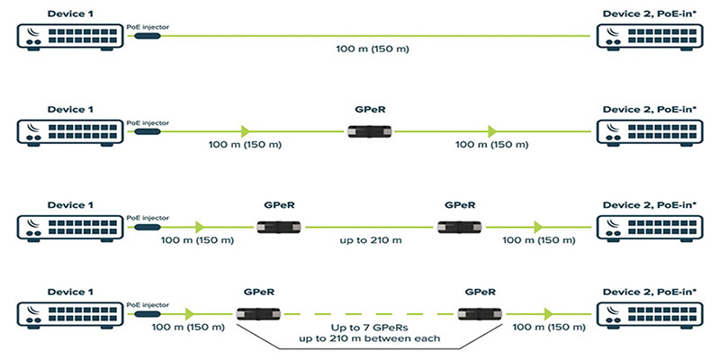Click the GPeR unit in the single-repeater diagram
tap(370, 131)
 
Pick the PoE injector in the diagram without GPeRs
tap(148, 36)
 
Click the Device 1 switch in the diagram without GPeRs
tap(68, 36)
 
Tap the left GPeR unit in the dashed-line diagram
tap(257, 313)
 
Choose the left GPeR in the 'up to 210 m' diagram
tap(278, 226)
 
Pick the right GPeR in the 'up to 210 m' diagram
tap(458, 226)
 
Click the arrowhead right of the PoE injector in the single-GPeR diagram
tap(245, 131)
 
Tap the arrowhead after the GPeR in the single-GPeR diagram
tap(491, 131)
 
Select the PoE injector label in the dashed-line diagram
tap(148, 303)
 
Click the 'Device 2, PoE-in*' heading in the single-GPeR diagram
tap(650, 109)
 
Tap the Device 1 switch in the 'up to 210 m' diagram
tap(68, 226)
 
